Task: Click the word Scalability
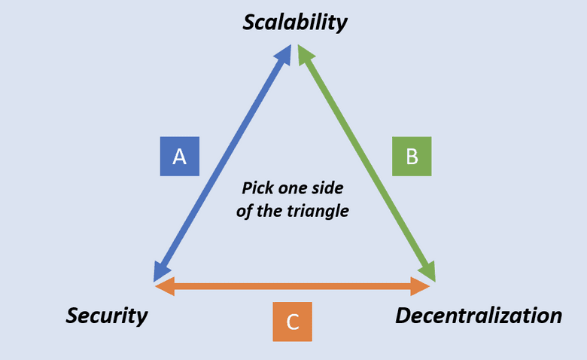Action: (295, 22)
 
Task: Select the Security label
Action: (106, 315)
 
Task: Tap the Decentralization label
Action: (479, 315)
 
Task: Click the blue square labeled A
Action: (180, 156)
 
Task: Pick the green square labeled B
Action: (412, 156)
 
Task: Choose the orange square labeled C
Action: (292, 322)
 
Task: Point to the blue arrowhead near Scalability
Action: (285, 52)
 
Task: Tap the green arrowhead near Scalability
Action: (304, 52)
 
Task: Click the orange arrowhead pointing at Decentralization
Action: (421, 286)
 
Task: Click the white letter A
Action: (180, 156)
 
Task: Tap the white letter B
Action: (412, 156)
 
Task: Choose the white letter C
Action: (292, 322)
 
